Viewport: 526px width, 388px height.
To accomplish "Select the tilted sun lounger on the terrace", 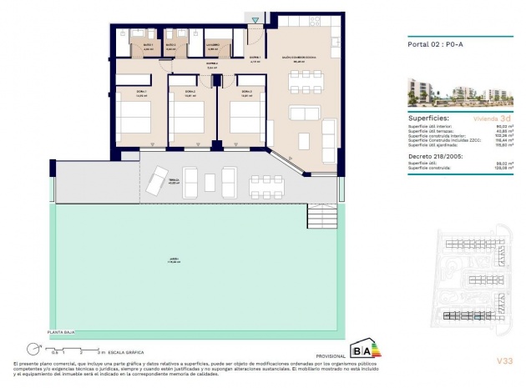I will tap(156, 180).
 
